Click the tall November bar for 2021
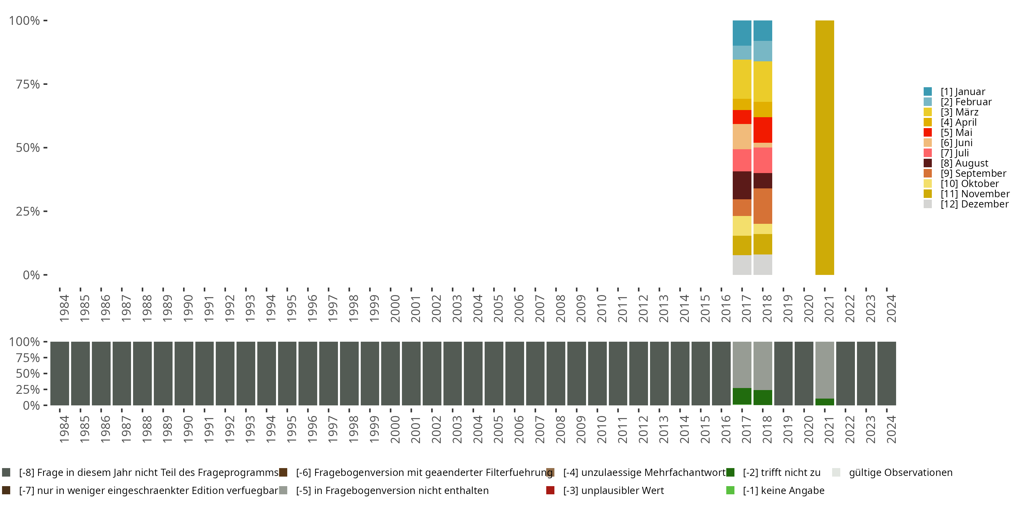[824, 147]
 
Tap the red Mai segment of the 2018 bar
[763, 130]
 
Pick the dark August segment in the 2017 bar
[742, 185]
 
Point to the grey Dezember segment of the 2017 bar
[742, 265]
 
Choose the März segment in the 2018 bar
[763, 81]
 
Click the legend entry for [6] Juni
[956, 143]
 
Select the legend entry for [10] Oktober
[970, 184]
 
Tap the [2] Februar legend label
[966, 102]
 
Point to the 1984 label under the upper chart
[64, 308]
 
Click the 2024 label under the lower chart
[891, 429]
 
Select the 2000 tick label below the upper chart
[395, 308]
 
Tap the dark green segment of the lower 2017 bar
[742, 396]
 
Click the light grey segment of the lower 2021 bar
[824, 369]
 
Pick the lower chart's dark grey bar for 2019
[783, 373]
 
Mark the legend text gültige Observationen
[900, 473]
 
